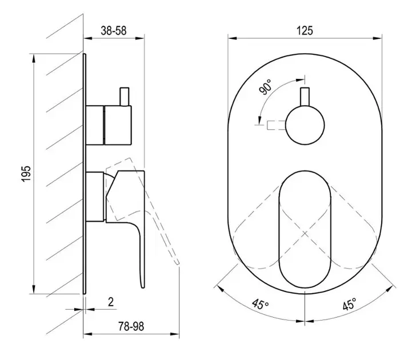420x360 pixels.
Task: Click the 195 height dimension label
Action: pyautogui.click(x=26, y=174)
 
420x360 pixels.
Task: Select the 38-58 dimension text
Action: pyautogui.click(x=114, y=30)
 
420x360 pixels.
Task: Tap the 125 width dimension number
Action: pyautogui.click(x=305, y=30)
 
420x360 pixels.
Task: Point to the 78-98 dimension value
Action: pyautogui.click(x=131, y=326)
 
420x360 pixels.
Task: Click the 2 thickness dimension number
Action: pyautogui.click(x=111, y=302)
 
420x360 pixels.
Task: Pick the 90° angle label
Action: pyautogui.click(x=266, y=87)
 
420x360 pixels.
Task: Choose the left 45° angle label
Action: pyautogui.click(x=260, y=304)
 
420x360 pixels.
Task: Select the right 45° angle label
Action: pyautogui.click(x=350, y=304)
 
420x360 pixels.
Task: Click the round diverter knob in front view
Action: pyautogui.click(x=305, y=125)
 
